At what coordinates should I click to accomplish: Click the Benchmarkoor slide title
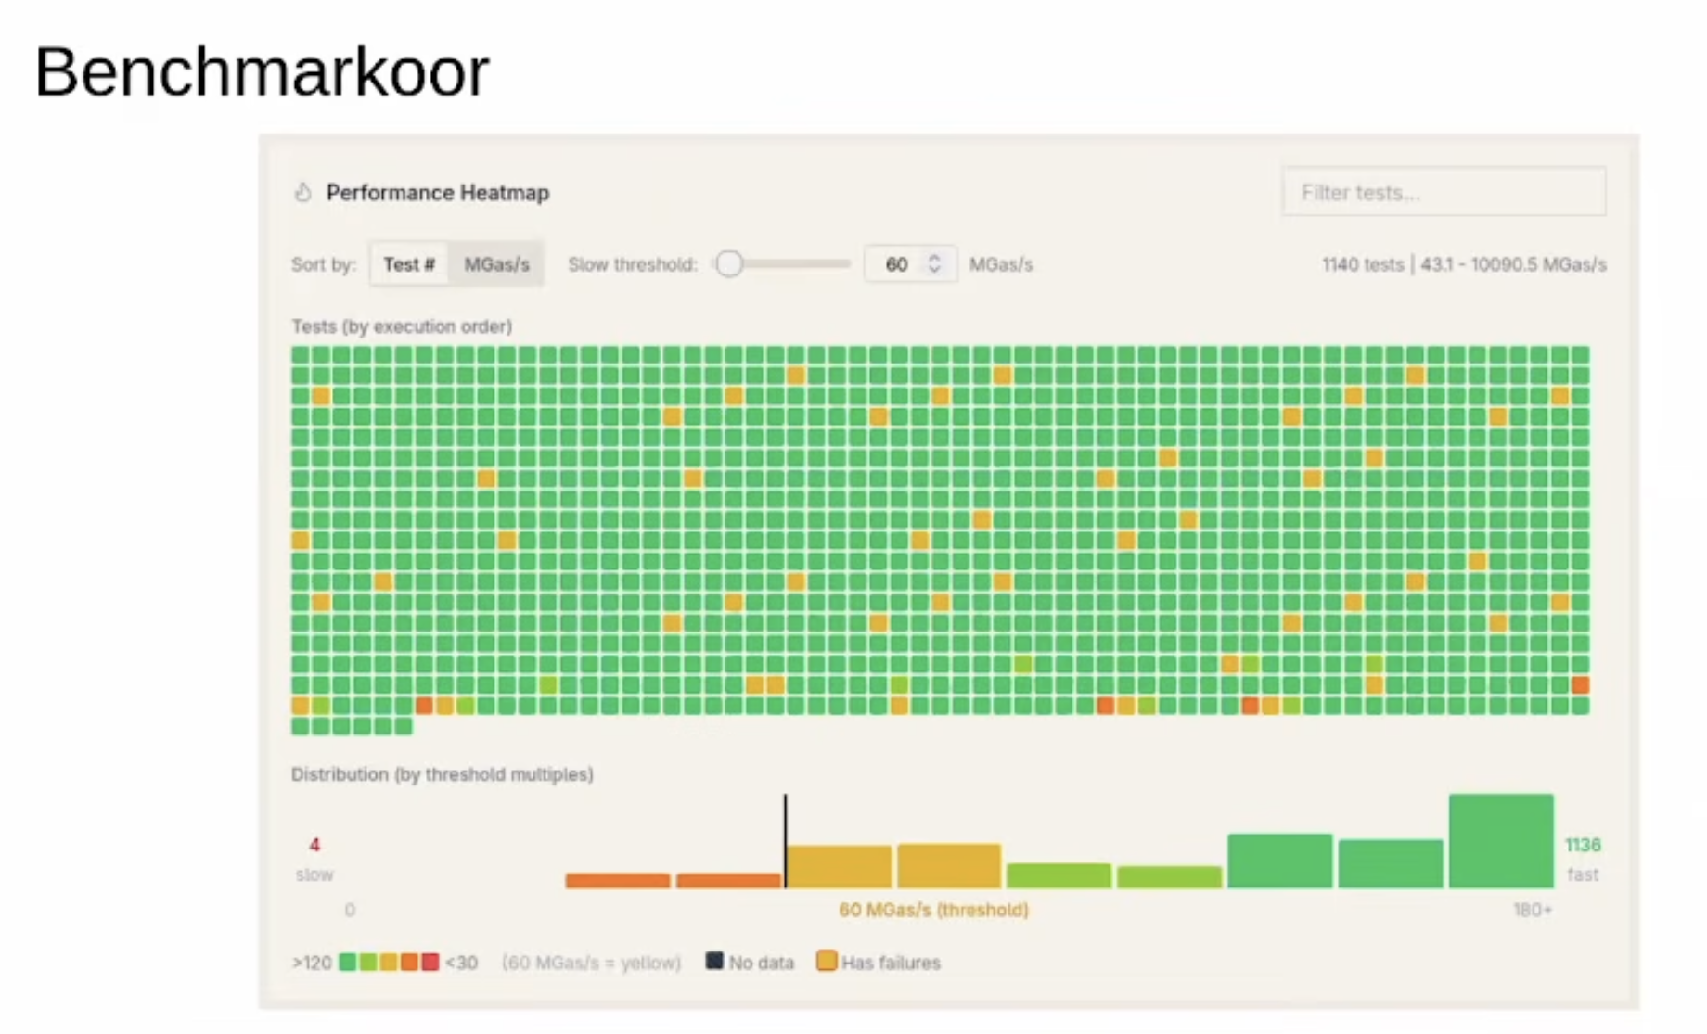[262, 72]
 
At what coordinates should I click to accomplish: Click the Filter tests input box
[1444, 192]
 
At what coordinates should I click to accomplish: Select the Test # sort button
[409, 264]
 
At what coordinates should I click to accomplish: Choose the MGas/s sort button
[496, 264]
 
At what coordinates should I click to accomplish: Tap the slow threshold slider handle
[730, 264]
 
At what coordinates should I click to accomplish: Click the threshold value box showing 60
[896, 264]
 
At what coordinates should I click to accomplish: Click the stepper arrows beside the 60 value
[934, 264]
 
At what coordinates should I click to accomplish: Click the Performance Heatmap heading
[438, 193]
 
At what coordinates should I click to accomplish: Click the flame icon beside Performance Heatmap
[302, 193]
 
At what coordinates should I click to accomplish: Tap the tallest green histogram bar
[1500, 840]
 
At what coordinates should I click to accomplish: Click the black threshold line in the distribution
[785, 839]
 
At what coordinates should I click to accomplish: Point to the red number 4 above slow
[314, 845]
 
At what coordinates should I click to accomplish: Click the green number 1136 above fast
[1582, 845]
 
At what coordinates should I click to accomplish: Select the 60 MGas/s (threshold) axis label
[933, 910]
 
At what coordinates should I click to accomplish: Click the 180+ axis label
[1532, 910]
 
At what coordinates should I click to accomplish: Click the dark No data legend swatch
[714, 961]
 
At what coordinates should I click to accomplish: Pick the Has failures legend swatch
[826, 961]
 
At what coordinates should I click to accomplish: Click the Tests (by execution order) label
[402, 326]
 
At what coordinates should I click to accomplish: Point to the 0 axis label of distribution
[350, 910]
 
